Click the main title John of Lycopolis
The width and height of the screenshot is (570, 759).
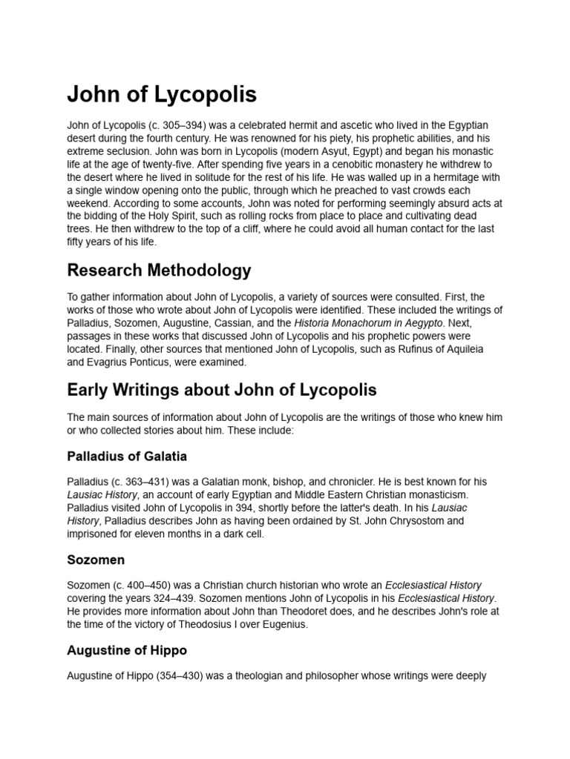pos(162,94)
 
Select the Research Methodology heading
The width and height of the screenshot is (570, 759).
pos(159,271)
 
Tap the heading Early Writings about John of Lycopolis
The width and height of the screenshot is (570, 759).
pos(221,390)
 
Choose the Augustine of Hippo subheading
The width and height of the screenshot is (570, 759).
pos(127,650)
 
